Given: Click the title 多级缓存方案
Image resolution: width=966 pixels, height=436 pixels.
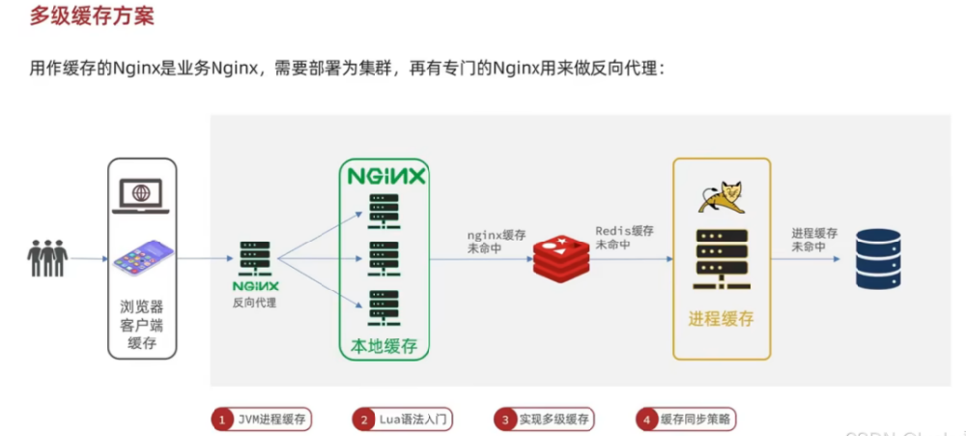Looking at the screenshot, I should pyautogui.click(x=92, y=16).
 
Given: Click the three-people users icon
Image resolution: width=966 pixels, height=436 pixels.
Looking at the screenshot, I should pyautogui.click(x=47, y=257).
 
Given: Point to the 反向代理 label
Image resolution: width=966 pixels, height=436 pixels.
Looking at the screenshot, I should pyautogui.click(x=254, y=303).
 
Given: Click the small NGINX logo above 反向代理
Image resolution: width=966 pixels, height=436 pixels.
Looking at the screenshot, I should pyautogui.click(x=255, y=285).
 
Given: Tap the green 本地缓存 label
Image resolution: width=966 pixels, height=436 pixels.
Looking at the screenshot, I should pyautogui.click(x=384, y=345).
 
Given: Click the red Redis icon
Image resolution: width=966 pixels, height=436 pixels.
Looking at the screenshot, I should pyautogui.click(x=561, y=257).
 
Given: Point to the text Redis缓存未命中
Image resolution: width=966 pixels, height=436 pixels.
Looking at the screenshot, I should pyautogui.click(x=624, y=238).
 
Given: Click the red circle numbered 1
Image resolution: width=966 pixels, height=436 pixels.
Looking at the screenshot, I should pyautogui.click(x=222, y=420).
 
